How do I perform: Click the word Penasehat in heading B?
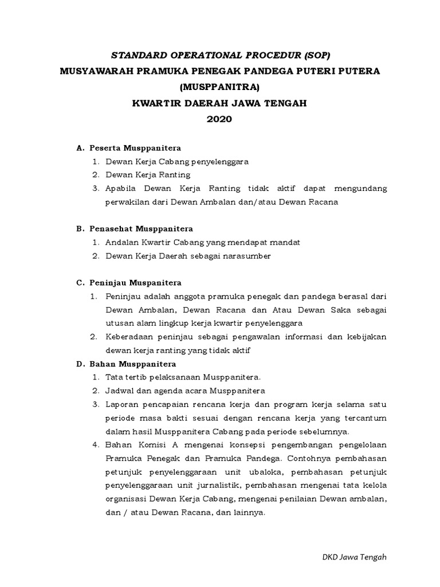point(111,228)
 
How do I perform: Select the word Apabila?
point(120,188)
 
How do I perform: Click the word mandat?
point(284,242)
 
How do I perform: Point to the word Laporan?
point(121,404)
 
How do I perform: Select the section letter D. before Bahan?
point(80,363)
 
